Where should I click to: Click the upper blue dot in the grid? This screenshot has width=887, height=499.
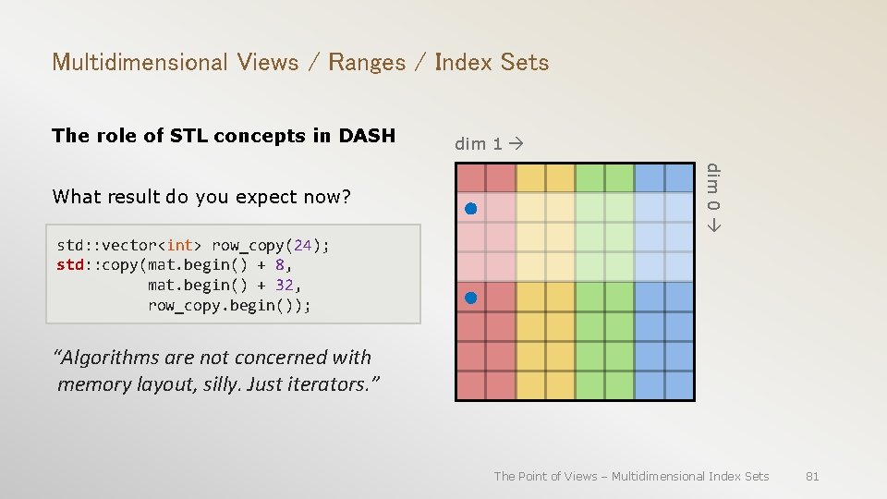(x=470, y=209)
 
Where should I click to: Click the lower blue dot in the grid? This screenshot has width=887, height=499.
(x=470, y=298)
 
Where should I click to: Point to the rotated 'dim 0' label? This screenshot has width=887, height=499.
(x=713, y=196)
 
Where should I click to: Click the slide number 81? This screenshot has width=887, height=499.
(x=812, y=476)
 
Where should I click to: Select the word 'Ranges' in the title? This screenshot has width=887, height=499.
(x=367, y=63)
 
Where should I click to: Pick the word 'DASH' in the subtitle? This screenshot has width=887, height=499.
(x=367, y=136)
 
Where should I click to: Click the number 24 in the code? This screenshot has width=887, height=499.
(x=302, y=245)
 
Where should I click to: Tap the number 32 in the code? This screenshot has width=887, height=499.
(x=286, y=285)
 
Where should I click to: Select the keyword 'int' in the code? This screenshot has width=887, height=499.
(x=179, y=245)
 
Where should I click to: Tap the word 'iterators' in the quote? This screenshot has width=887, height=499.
(x=334, y=383)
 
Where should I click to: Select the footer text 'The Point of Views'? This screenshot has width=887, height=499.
(x=546, y=476)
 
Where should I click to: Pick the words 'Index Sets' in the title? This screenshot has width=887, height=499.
(x=492, y=63)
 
